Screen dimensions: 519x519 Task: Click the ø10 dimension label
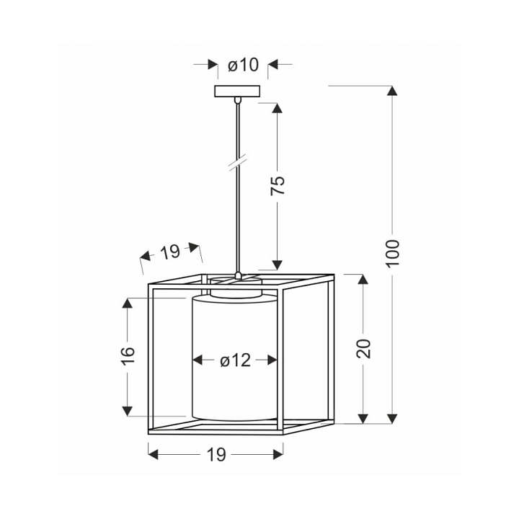click(243, 65)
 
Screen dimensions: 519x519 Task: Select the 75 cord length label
click(278, 185)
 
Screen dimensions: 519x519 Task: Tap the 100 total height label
click(393, 253)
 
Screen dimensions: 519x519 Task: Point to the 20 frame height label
click(363, 349)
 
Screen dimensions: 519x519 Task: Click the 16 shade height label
click(128, 356)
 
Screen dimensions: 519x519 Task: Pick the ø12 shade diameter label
click(235, 360)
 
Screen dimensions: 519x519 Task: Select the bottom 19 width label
click(216, 454)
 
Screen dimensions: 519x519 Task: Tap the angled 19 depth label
click(170, 252)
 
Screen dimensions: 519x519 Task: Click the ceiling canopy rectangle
click(237, 91)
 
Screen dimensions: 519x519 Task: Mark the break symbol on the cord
click(239, 162)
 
